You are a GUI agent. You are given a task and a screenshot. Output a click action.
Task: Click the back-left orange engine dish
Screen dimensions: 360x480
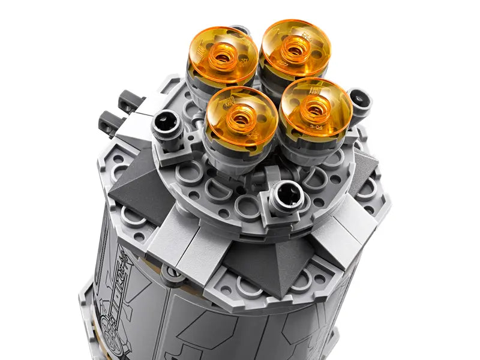[x=223, y=55]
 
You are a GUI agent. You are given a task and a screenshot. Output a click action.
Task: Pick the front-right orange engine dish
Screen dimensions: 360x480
[x=315, y=106]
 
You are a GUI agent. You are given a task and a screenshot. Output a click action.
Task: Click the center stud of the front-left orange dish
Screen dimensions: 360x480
[x=241, y=118]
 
